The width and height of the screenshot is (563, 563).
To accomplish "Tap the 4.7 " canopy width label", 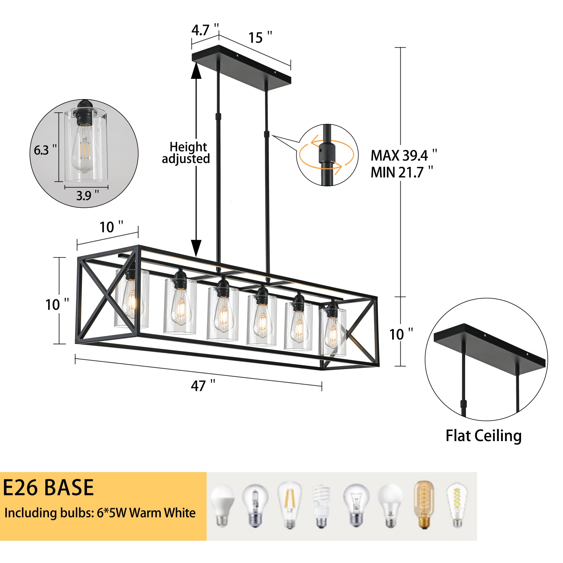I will coord(205,30).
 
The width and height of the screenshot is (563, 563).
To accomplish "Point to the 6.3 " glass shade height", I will coord(45,150).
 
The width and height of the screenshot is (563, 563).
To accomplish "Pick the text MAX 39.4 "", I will coord(403,155).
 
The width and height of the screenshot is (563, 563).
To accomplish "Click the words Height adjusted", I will coord(186,153).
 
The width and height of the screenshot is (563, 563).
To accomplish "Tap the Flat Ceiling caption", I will coord(483,444).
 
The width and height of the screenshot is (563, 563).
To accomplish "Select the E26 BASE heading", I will coord(48,488).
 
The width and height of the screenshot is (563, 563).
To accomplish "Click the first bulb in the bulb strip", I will coord(222,505).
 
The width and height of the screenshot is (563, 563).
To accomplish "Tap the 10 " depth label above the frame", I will coord(111,227).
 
